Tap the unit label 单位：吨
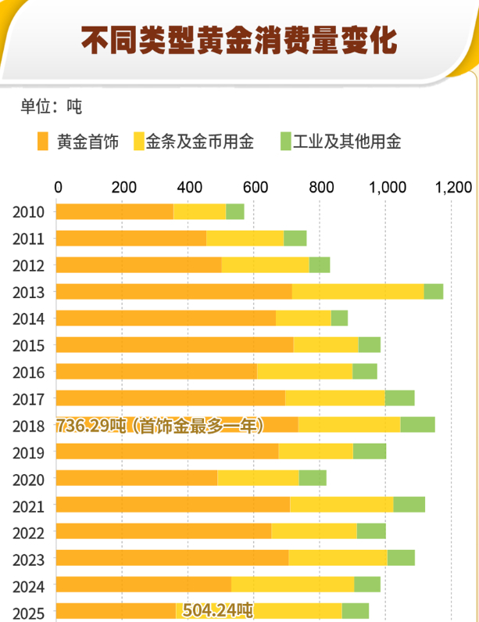[51, 106]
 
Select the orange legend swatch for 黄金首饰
[43, 142]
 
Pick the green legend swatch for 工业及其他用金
[286, 142]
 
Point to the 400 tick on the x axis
[188, 187]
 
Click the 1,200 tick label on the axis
[454, 187]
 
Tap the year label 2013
[28, 293]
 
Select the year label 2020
[28, 480]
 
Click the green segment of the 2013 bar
[433, 292]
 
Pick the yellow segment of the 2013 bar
[357, 292]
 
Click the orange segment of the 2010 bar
[114, 211]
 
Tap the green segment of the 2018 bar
[417, 425]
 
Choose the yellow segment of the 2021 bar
[341, 505]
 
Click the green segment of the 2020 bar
[313, 478]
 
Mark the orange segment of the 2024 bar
[144, 584]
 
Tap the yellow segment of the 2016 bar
[304, 372]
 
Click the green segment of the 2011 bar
[295, 239]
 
